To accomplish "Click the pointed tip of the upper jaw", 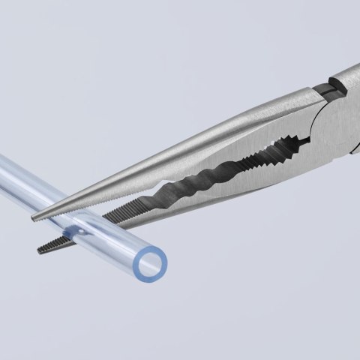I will pos(34,218).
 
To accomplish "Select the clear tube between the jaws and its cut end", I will pos(112,240).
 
